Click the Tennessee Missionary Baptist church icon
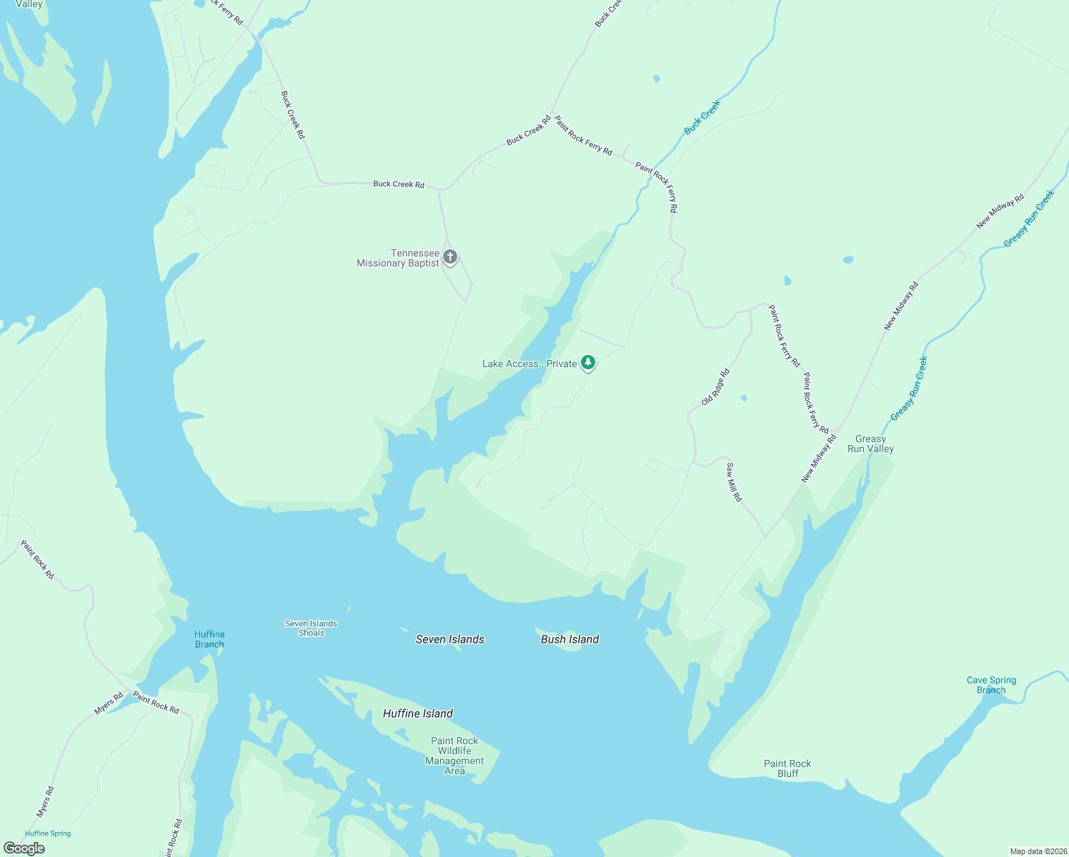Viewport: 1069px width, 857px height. (x=450, y=257)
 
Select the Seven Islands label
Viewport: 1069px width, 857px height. (x=450, y=639)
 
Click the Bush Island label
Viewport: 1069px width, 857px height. (x=570, y=639)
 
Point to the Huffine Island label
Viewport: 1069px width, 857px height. (x=418, y=713)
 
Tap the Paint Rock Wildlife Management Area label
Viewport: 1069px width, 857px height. (x=454, y=756)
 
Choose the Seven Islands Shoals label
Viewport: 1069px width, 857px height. (x=311, y=628)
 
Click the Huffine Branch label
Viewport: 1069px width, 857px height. (x=209, y=639)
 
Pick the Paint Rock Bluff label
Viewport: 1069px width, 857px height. (x=787, y=768)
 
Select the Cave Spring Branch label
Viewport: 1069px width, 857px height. (x=991, y=685)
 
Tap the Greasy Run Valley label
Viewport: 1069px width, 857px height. (x=870, y=444)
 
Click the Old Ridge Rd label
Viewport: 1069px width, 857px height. (x=715, y=387)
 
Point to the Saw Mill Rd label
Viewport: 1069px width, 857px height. (x=734, y=482)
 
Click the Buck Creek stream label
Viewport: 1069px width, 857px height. (x=702, y=117)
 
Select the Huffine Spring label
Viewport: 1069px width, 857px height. (x=48, y=833)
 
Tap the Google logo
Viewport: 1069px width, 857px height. (x=24, y=848)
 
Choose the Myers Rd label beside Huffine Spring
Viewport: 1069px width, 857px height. (x=45, y=802)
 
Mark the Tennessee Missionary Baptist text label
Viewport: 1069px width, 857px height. (x=398, y=258)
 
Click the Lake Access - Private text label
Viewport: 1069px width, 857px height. (x=529, y=364)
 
